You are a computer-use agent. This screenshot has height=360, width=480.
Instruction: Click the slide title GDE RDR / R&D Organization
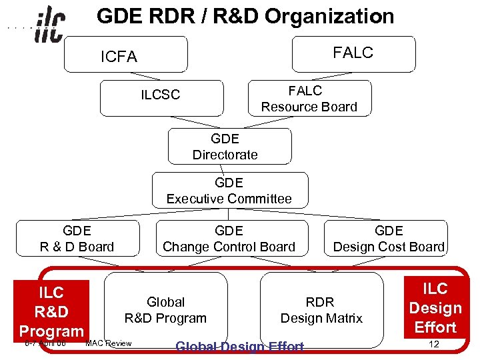[x=245, y=16]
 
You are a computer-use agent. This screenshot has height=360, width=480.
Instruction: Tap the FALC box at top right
[x=353, y=53]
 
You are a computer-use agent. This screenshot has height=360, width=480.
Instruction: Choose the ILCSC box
[x=160, y=98]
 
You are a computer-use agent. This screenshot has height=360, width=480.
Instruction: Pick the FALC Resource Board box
[x=309, y=99]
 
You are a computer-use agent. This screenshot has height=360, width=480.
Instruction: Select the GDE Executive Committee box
[x=229, y=191]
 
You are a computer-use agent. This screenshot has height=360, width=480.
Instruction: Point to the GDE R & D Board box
[x=77, y=239]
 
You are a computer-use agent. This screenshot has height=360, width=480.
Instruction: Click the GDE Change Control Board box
[x=229, y=239]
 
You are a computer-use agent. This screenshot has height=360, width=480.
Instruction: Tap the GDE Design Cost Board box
[x=389, y=239]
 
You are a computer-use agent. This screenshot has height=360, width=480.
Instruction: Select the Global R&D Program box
[x=165, y=310]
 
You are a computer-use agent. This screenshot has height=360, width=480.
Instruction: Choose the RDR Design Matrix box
[x=321, y=310]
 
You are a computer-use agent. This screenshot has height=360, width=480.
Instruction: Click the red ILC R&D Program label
[x=51, y=311]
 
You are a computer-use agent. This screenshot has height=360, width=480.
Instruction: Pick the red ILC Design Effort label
[x=435, y=307]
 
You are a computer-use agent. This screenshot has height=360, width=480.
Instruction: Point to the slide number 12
[x=434, y=344]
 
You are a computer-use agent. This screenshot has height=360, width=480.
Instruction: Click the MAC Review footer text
[x=109, y=343]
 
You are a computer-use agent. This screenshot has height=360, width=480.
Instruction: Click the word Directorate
[x=225, y=155]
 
